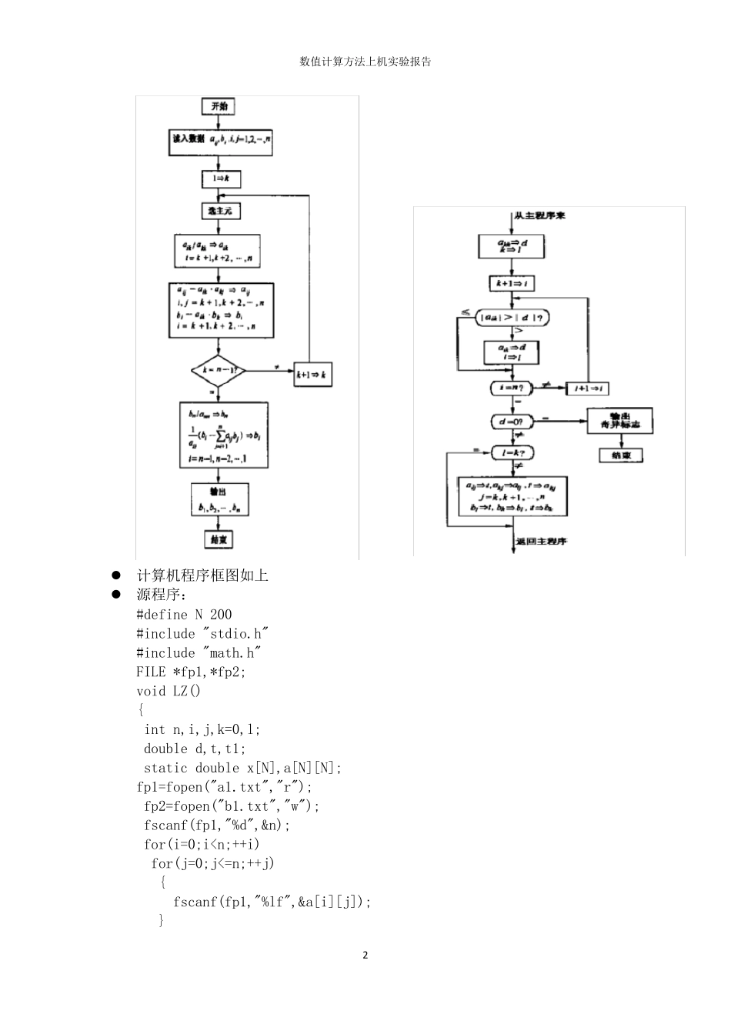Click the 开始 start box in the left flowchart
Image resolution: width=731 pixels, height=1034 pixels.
[x=219, y=106]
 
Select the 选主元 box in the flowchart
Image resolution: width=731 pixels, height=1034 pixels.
[x=220, y=210]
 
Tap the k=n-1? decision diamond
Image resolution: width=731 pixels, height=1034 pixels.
[x=219, y=370]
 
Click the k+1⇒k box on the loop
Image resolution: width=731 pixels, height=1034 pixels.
[x=312, y=375]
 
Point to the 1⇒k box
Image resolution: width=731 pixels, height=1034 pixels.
[x=220, y=179]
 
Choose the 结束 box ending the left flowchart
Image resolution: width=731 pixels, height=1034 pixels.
[x=219, y=539]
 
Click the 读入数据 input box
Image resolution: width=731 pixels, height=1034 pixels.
[x=221, y=141]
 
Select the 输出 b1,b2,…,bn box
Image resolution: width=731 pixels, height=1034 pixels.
[x=219, y=499]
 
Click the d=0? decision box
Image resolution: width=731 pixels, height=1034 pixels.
[x=512, y=422]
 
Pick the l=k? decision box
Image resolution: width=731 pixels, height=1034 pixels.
[x=512, y=454]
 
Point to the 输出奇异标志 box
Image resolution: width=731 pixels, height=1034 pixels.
[x=619, y=420]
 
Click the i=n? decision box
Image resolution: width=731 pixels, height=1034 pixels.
[x=512, y=389]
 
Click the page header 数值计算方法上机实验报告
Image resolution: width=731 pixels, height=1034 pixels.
[x=365, y=62]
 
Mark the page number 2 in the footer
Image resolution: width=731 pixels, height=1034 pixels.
[x=365, y=956]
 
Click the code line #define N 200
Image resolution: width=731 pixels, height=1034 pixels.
[x=184, y=615]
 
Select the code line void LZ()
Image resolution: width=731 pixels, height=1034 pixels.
[x=169, y=691]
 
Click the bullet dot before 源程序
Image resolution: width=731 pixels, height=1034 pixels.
[x=117, y=595]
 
